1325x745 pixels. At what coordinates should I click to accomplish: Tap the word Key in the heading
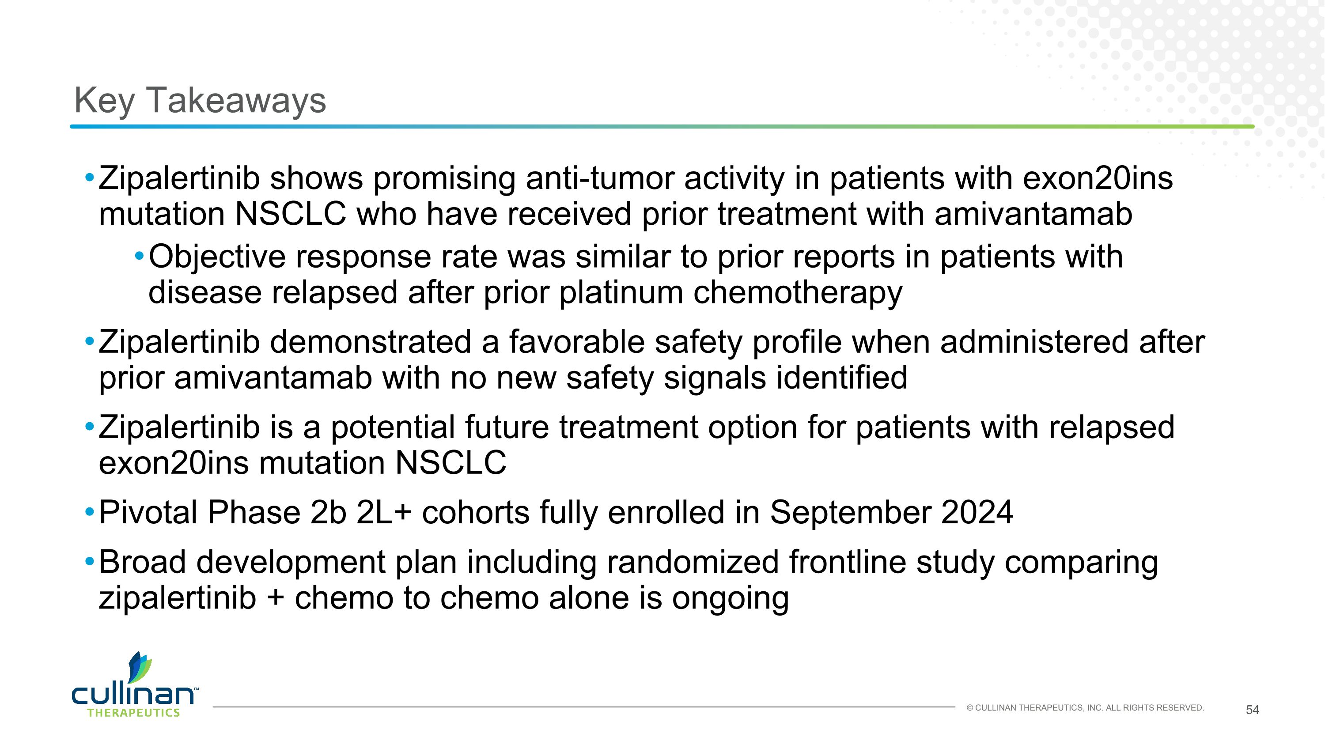pyautogui.click(x=104, y=101)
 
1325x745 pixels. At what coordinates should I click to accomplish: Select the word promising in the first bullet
pyautogui.click(x=444, y=179)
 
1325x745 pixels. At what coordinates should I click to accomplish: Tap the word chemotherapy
pyautogui.click(x=797, y=294)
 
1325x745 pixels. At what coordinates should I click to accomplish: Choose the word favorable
pyautogui.click(x=576, y=342)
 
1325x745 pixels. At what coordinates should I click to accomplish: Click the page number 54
pyautogui.click(x=1252, y=710)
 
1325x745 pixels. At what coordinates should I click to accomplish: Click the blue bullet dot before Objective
pyautogui.click(x=139, y=256)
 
